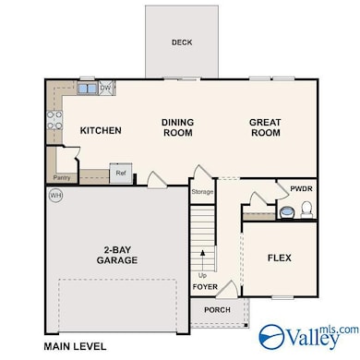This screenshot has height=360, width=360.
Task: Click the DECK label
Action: pyautogui.click(x=182, y=42)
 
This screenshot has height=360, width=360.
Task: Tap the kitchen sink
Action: pyautogui.click(x=88, y=89)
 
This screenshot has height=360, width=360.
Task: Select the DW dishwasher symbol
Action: pyautogui.click(x=106, y=88)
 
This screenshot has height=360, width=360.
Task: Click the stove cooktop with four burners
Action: pyautogui.click(x=54, y=120)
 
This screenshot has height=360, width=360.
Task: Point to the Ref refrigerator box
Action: pyautogui.click(x=121, y=174)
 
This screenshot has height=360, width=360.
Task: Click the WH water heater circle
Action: pyautogui.click(x=55, y=195)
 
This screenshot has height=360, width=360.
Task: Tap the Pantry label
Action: pyautogui.click(x=62, y=177)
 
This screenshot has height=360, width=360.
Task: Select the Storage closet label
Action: pyautogui.click(x=202, y=192)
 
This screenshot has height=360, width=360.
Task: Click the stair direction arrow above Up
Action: pyautogui.click(x=202, y=260)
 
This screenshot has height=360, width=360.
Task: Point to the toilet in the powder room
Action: pyautogui.click(x=306, y=210)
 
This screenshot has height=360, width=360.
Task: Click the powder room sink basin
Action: pyautogui.click(x=287, y=212)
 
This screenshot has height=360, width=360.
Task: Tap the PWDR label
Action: pyautogui.click(x=301, y=188)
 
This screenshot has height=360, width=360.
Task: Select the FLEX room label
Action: pyautogui.click(x=280, y=258)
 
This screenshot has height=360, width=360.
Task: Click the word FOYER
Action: pyautogui.click(x=205, y=287)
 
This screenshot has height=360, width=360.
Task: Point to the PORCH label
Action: pyautogui.click(x=217, y=310)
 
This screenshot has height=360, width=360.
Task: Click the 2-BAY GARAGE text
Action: pyautogui.click(x=117, y=255)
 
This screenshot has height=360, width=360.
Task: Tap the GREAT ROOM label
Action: pyautogui.click(x=265, y=127)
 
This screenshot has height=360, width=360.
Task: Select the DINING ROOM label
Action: pyautogui.click(x=178, y=127)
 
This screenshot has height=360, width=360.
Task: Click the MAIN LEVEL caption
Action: pyautogui.click(x=75, y=346)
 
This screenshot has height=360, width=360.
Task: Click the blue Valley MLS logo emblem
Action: pyautogui.click(x=271, y=336)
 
